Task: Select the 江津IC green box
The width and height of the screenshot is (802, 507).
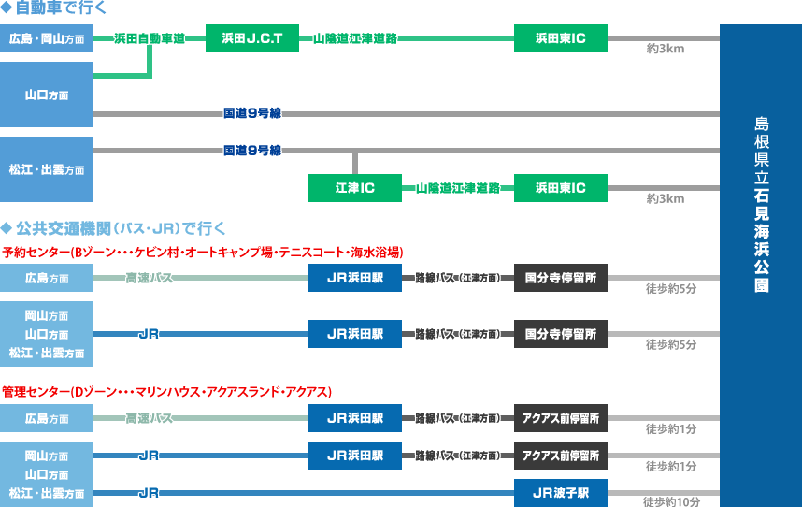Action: click(355, 188)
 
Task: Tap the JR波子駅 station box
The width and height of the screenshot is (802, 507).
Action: click(561, 492)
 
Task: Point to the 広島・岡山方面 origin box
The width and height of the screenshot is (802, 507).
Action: click(47, 39)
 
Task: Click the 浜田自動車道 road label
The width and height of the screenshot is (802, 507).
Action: click(149, 38)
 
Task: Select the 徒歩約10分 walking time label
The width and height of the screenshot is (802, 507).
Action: click(672, 501)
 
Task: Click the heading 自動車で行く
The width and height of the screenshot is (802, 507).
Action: click(55, 8)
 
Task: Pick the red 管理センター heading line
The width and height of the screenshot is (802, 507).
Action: click(167, 391)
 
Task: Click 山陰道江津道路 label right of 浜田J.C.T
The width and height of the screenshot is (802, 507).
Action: click(355, 38)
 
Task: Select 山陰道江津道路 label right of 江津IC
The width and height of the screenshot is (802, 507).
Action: click(458, 188)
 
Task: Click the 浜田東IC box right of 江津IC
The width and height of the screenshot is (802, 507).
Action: click(561, 188)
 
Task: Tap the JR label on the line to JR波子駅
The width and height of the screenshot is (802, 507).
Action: click(148, 492)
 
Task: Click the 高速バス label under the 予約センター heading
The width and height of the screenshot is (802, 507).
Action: click(149, 278)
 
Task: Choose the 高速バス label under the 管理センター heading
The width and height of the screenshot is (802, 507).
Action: click(149, 417)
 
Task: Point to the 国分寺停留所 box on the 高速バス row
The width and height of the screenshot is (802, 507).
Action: click(561, 278)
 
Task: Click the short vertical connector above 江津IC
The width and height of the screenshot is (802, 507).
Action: click(355, 162)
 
